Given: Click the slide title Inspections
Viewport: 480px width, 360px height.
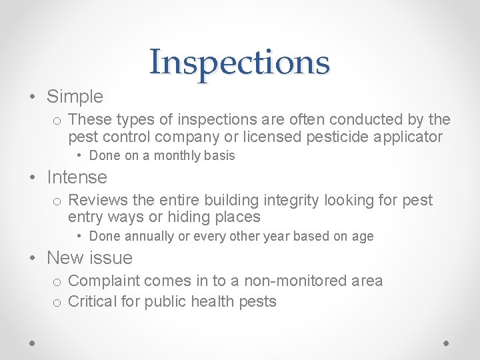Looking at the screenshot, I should tap(239, 62).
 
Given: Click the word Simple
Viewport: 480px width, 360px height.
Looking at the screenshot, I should tap(75, 97).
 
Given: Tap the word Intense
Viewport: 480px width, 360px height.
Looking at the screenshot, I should tap(77, 177).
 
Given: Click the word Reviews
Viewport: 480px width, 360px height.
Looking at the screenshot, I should tap(96, 200).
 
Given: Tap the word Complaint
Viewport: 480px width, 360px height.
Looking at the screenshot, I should tap(103, 281).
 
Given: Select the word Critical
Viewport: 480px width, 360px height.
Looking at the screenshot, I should tap(92, 301).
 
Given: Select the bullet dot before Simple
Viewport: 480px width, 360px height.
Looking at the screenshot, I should tap(33, 97).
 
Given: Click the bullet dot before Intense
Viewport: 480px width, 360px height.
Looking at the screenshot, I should tap(33, 178).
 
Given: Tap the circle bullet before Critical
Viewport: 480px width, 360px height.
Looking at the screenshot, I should tap(57, 303).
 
